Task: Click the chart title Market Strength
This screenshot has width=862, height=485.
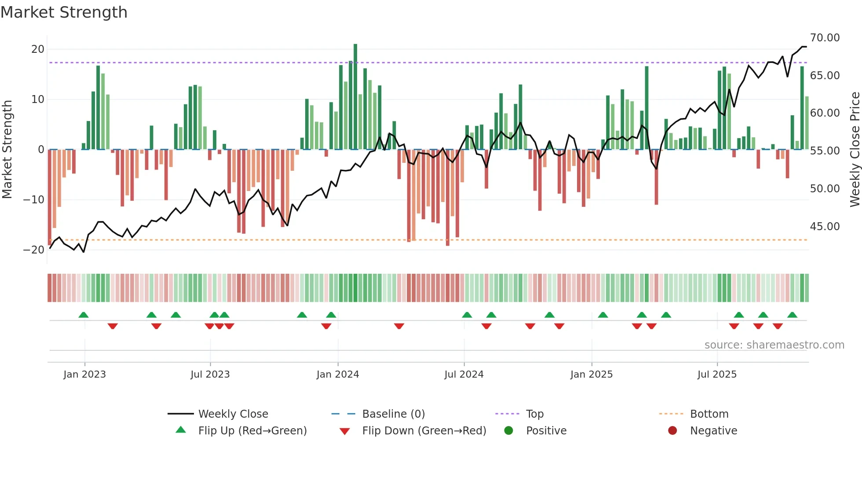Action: coord(64,12)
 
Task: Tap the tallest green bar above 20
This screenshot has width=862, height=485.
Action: coord(355,97)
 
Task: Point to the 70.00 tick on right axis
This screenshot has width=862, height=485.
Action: coord(825,38)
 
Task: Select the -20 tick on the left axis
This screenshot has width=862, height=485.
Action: coord(34,250)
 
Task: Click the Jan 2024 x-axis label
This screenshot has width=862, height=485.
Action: coord(338,375)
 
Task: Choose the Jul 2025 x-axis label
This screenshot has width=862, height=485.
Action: coord(717,375)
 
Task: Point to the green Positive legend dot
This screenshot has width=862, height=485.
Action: coord(509,431)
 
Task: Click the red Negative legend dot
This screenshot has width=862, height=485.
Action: coord(672,431)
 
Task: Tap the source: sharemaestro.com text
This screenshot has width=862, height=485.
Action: coord(774,345)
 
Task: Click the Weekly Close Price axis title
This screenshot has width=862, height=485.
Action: coord(855,150)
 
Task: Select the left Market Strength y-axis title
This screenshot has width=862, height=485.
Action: coord(7,150)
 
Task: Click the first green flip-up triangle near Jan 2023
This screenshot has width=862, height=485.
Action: coord(84,315)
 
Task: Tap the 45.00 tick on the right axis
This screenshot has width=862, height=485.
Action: coord(825,227)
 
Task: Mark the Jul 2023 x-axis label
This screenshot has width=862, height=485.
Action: coord(210,375)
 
